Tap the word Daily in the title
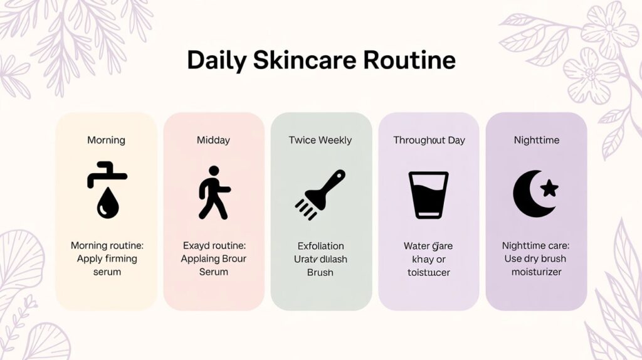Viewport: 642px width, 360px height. coord(216,60)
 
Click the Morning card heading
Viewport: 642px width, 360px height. coord(106,140)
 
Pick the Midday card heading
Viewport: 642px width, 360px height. coord(213,140)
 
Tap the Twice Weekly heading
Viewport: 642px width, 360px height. coord(320,140)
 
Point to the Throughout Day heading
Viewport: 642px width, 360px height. coord(429,140)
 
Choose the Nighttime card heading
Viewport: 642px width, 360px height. coord(536,140)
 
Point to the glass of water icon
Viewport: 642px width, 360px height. coord(429,194)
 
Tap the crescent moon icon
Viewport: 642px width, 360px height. coord(530,194)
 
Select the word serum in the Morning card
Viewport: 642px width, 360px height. coord(106,272)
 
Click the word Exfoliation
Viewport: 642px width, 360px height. coord(320,246)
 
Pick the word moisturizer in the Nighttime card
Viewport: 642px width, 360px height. coord(536,272)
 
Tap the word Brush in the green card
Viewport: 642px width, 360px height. coord(320,272)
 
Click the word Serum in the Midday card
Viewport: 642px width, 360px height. coord(213,272)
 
